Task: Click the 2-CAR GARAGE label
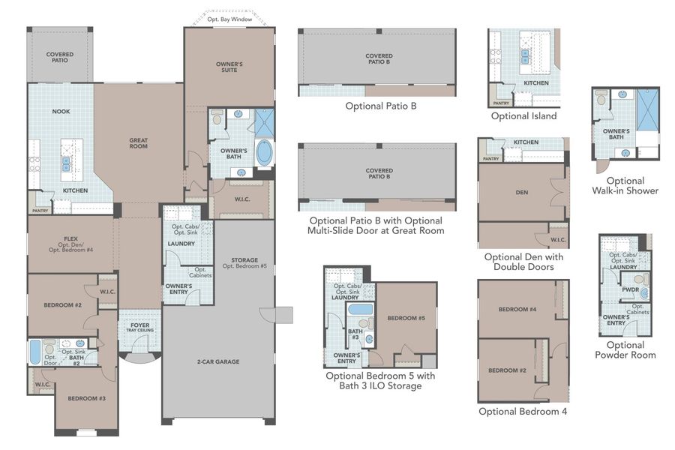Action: click(x=218, y=361)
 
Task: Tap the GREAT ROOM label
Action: click(x=138, y=142)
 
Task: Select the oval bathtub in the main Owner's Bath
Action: click(x=265, y=154)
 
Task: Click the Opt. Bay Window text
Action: click(x=229, y=19)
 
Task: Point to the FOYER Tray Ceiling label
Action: click(x=139, y=328)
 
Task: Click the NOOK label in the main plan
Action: click(x=61, y=112)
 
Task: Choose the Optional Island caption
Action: click(x=523, y=116)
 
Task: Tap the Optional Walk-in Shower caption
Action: click(x=625, y=185)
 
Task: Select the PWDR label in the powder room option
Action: click(x=630, y=290)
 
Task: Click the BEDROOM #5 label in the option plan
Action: click(x=406, y=318)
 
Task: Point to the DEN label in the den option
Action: click(x=522, y=193)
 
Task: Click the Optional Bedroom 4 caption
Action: click(x=523, y=411)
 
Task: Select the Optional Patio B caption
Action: click(x=380, y=106)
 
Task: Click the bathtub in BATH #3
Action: click(x=362, y=309)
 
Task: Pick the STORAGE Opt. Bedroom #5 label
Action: click(x=240, y=263)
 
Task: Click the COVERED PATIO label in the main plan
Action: click(x=60, y=57)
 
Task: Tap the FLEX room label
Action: click(x=70, y=243)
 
